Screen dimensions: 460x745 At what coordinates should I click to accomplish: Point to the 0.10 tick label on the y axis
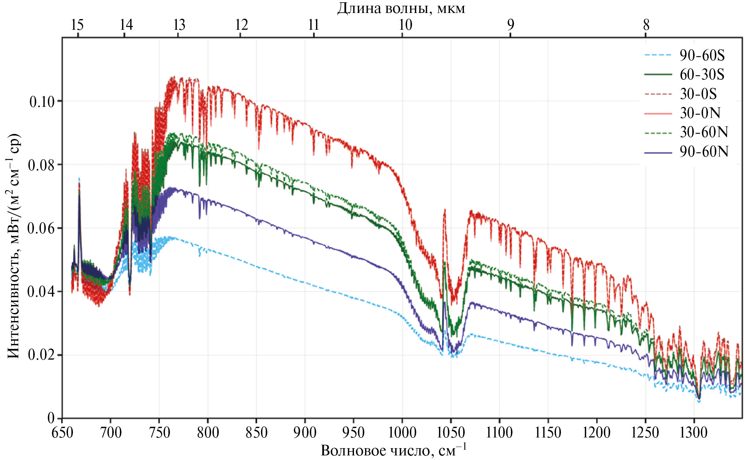point(42,102)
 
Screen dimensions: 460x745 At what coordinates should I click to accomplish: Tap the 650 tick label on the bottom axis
point(63,433)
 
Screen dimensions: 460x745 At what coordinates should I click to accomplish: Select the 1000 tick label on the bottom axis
point(402,433)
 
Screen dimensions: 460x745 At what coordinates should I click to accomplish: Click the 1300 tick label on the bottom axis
point(694,433)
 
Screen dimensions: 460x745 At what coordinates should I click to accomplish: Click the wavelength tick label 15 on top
point(78,25)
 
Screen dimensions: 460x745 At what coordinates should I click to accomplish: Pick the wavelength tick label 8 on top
point(646,25)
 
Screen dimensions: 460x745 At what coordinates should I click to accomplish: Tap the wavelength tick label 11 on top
point(314,25)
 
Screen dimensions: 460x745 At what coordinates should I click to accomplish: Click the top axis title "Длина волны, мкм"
point(401,8)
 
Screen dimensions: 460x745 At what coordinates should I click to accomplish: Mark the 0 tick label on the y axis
point(51,418)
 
